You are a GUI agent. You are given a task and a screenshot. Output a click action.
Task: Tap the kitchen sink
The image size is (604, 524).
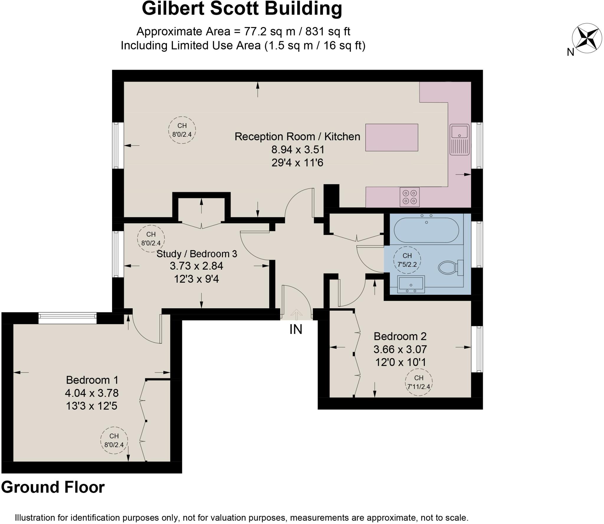click(x=459, y=139)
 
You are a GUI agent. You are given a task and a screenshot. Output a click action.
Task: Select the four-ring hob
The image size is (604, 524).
click(x=409, y=197)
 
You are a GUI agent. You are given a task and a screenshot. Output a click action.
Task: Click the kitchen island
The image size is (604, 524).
click(x=391, y=137)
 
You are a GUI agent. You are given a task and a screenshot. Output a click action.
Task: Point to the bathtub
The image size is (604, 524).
click(x=426, y=230)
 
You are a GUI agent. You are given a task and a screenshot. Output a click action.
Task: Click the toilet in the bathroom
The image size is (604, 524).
click(x=450, y=267)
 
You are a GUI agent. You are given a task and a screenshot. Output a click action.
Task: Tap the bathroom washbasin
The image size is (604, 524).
click(x=411, y=284)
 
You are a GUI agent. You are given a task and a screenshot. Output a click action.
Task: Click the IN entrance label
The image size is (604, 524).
click(x=296, y=329)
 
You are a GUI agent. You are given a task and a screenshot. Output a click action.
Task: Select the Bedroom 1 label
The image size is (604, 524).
click(x=92, y=380)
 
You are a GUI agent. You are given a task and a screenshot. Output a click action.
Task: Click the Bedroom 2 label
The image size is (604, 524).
click(x=400, y=336)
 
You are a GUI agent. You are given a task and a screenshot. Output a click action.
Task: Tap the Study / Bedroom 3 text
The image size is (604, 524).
click(x=197, y=254)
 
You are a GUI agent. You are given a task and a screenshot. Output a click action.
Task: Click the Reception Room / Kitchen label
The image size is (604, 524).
click(x=297, y=136)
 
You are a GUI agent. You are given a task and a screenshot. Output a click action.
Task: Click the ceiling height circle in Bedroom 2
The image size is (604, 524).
click(x=418, y=382)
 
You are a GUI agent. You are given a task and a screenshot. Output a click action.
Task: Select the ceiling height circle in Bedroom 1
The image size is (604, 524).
click(x=114, y=440)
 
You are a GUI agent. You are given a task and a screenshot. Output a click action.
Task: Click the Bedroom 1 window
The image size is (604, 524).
click(x=67, y=318)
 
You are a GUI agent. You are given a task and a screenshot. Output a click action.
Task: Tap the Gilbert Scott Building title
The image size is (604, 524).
click(x=242, y=9)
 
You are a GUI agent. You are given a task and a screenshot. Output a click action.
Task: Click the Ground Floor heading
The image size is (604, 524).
click(x=53, y=487)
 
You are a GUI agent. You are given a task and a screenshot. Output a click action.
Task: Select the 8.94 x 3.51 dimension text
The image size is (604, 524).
click(x=298, y=149)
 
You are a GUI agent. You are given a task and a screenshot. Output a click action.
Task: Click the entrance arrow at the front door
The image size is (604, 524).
click(x=296, y=314)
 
